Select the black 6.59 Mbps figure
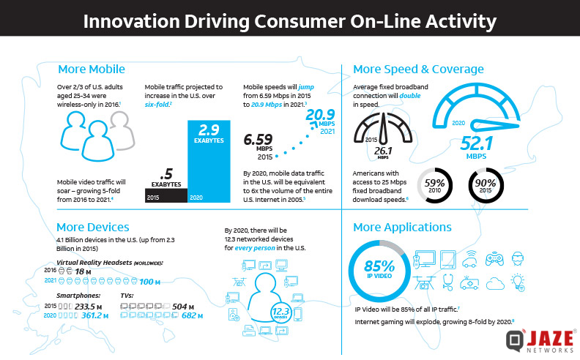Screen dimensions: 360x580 coord(265,138)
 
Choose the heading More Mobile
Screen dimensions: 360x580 coord(91,70)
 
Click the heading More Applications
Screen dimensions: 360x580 coord(402,227)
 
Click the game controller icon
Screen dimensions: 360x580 coord(494,258)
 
